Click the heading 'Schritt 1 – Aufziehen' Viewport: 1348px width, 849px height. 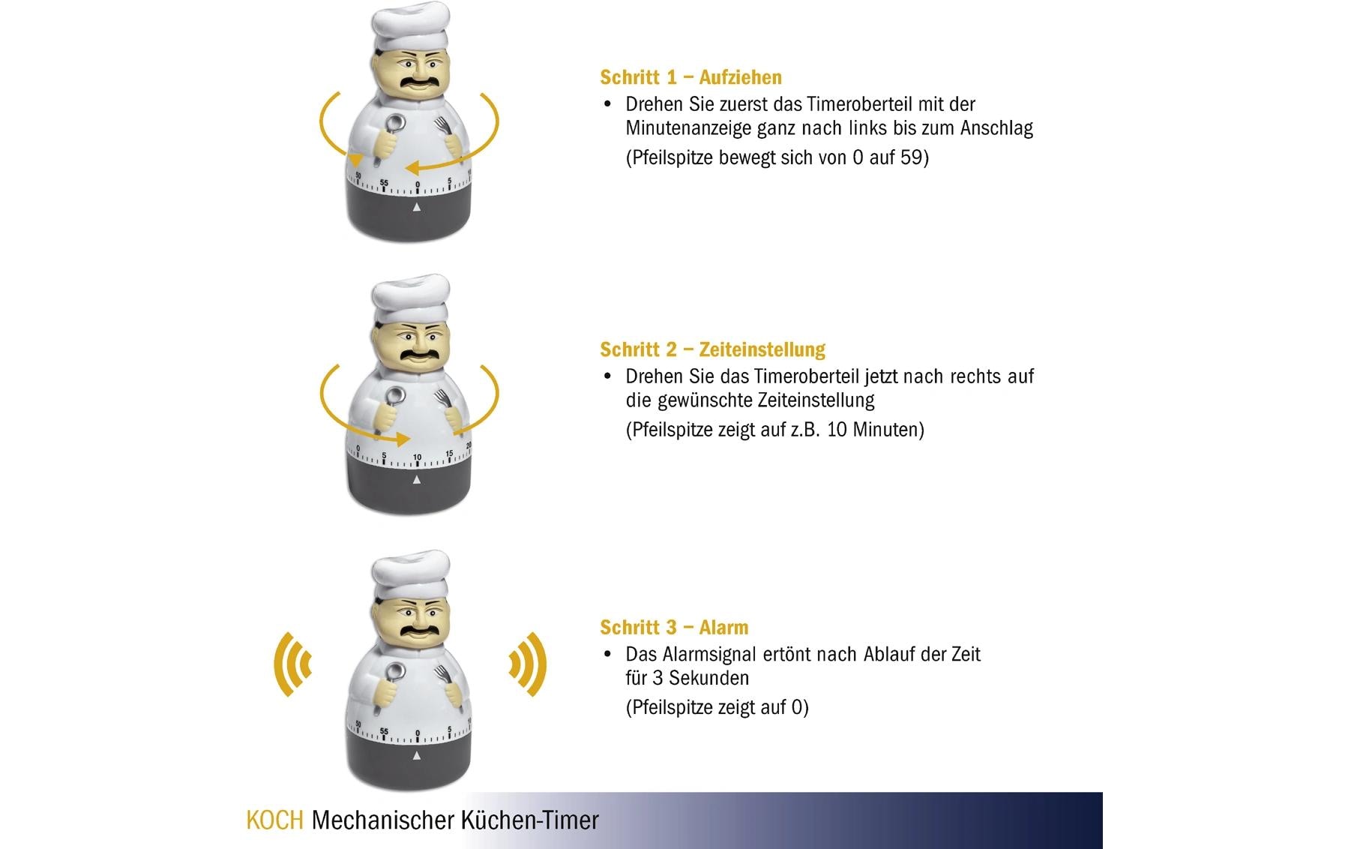click(x=690, y=77)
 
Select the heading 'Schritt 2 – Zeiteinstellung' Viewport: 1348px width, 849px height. click(x=712, y=349)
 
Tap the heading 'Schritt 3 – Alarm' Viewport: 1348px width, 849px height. click(x=674, y=627)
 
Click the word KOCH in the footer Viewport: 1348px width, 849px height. click(x=274, y=820)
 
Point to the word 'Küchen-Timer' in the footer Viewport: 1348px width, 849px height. click(x=529, y=820)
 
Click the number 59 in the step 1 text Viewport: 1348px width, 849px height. click(x=911, y=157)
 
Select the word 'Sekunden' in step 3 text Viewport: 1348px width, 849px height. click(x=708, y=678)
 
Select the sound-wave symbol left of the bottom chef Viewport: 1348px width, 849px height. click(x=292, y=664)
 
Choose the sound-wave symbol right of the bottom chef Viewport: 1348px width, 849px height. click(x=528, y=664)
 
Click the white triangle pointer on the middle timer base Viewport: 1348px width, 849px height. click(x=417, y=480)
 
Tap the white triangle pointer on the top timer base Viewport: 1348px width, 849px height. click(x=417, y=207)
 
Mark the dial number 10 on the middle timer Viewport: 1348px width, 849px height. click(x=417, y=457)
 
